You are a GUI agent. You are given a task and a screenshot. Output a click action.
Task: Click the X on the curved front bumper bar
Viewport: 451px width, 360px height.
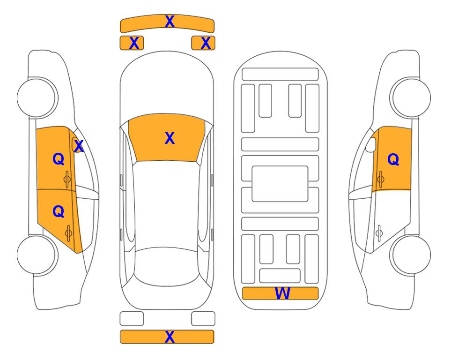point(170,22)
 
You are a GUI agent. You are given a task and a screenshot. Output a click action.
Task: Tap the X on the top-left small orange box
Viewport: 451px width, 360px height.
point(134,43)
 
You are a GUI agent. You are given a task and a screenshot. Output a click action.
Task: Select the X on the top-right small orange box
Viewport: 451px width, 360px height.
point(206,43)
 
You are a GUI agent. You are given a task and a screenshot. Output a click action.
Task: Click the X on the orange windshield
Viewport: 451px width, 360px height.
point(170,138)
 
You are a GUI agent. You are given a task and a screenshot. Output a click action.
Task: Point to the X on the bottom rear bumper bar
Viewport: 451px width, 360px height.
point(170,337)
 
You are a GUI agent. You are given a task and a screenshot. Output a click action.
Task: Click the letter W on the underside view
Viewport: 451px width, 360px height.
point(282,293)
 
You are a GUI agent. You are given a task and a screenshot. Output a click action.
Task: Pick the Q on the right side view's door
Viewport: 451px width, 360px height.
point(393,159)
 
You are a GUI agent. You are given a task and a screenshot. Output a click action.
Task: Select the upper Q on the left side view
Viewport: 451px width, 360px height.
point(59,159)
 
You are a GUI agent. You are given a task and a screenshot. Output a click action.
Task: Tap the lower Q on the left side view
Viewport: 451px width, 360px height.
point(59,212)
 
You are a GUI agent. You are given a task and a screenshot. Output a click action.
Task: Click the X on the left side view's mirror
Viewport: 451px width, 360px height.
point(79,146)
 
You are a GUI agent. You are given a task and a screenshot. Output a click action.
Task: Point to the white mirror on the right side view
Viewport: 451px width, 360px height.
point(371,144)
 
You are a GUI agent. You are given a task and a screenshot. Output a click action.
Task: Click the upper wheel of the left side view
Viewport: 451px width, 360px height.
point(37,97)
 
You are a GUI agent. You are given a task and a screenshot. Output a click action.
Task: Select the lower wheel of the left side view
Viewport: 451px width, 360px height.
point(37,255)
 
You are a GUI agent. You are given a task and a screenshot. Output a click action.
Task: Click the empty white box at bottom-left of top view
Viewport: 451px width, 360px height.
point(132,319)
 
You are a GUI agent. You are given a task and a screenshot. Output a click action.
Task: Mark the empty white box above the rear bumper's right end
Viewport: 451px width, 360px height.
point(203,319)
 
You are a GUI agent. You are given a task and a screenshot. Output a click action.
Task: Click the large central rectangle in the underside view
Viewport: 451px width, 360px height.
point(280,184)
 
